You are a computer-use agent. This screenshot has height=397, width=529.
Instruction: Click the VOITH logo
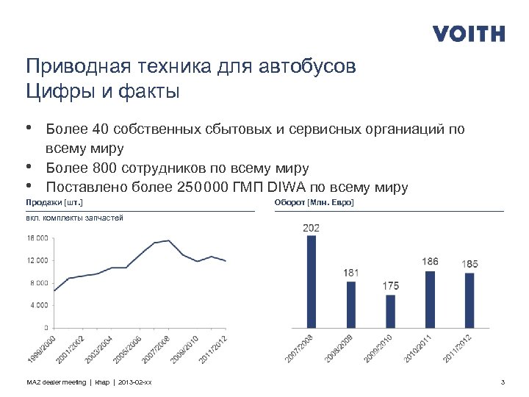469,34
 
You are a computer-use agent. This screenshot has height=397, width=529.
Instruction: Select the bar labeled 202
311,281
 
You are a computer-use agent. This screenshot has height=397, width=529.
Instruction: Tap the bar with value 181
350,304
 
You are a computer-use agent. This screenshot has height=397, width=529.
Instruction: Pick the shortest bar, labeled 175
390,311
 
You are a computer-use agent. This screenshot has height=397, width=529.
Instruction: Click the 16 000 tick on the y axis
37,238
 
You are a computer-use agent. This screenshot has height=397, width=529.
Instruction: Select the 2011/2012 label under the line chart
213,348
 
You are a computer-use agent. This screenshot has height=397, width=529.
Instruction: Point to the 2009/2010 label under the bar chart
378,348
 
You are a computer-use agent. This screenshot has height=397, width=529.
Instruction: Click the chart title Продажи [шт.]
54,201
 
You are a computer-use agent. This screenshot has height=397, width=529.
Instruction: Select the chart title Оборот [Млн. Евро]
314,201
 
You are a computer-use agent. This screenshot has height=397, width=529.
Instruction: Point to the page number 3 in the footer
502,382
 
